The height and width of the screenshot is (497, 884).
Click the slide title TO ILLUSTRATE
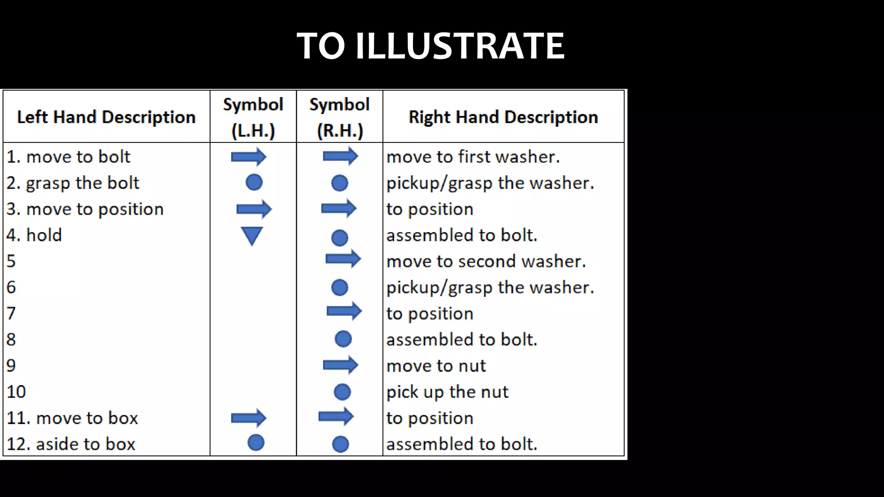[430, 46]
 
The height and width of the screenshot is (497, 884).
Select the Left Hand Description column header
[106, 117]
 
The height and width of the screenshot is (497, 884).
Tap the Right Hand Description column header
[503, 117]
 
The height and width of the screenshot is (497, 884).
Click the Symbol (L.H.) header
[253, 117]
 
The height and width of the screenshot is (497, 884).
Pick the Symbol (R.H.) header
[340, 117]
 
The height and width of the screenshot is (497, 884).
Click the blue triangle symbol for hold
[252, 236]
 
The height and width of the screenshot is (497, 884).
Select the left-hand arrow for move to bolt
[249, 157]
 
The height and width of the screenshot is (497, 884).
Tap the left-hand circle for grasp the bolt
[254, 182]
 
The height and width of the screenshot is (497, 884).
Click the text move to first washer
[473, 157]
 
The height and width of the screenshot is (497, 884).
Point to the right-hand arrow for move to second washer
[343, 259]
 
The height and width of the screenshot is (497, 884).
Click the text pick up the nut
[447, 392]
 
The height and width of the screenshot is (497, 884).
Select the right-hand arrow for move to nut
[341, 365]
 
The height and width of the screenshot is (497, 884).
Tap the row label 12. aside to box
[71, 444]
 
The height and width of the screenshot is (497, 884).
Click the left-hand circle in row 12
[256, 443]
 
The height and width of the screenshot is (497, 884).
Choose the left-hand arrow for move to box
[249, 418]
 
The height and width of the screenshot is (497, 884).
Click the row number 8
[11, 340]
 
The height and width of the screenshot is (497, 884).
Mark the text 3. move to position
[85, 209]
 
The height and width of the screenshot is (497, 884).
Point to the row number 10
[16, 392]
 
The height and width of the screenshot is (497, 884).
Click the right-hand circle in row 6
[340, 287]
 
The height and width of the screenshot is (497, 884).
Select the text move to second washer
[486, 261]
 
